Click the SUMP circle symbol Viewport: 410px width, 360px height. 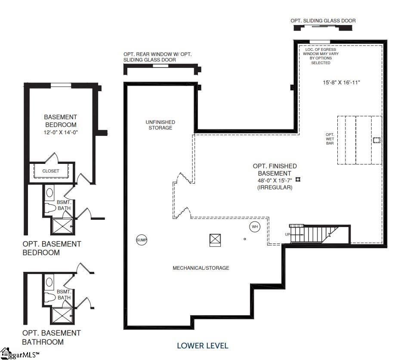click(142, 240)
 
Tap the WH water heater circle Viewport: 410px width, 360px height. click(255, 227)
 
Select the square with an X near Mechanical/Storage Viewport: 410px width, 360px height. click(215, 240)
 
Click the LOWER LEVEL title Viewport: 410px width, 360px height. click(203, 346)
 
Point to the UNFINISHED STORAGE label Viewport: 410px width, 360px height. click(160, 125)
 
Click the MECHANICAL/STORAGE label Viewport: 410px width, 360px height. click(201, 268)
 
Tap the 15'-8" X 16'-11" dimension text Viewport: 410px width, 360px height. click(342, 82)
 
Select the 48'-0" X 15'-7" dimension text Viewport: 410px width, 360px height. click(275, 180)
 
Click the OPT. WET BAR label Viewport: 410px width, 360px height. click(330, 139)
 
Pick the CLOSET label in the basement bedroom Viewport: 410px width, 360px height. click(51, 171)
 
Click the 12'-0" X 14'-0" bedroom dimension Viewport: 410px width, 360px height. click(61, 132)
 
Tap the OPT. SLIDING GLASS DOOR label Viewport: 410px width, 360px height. click(323, 21)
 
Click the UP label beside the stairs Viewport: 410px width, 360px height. click(288, 234)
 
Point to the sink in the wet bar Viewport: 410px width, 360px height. click(376, 140)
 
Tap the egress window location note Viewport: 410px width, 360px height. click(321, 56)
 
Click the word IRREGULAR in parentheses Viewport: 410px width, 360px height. click(275, 188)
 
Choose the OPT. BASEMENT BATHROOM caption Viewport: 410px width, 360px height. click(52, 338)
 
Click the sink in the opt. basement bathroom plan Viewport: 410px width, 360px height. click(49, 282)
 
